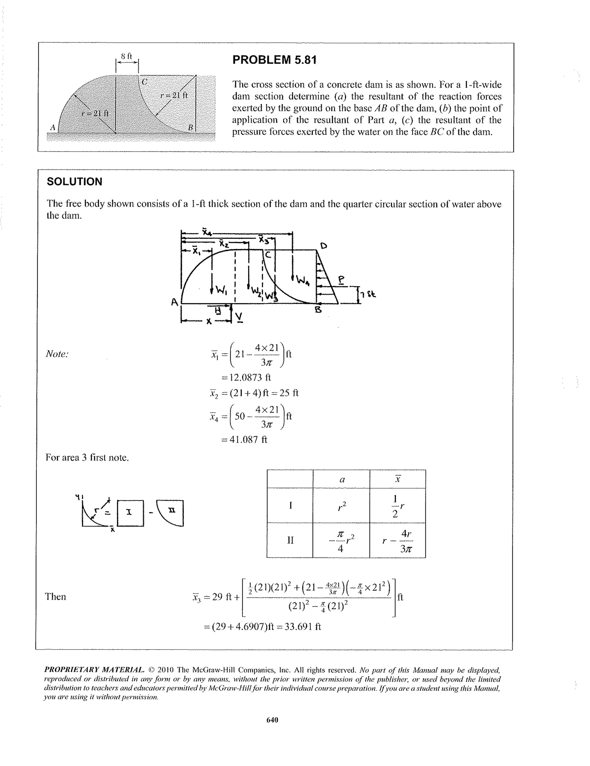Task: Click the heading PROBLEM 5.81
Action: point(274,60)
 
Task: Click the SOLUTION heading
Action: point(74,182)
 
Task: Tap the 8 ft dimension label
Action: point(126,56)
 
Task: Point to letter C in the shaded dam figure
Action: point(144,82)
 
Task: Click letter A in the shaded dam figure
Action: point(53,128)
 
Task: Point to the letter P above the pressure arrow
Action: point(341,280)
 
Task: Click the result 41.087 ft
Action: point(244,439)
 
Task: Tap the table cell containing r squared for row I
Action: point(342,505)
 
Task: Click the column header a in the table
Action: point(342,480)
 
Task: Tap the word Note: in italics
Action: point(57,354)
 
